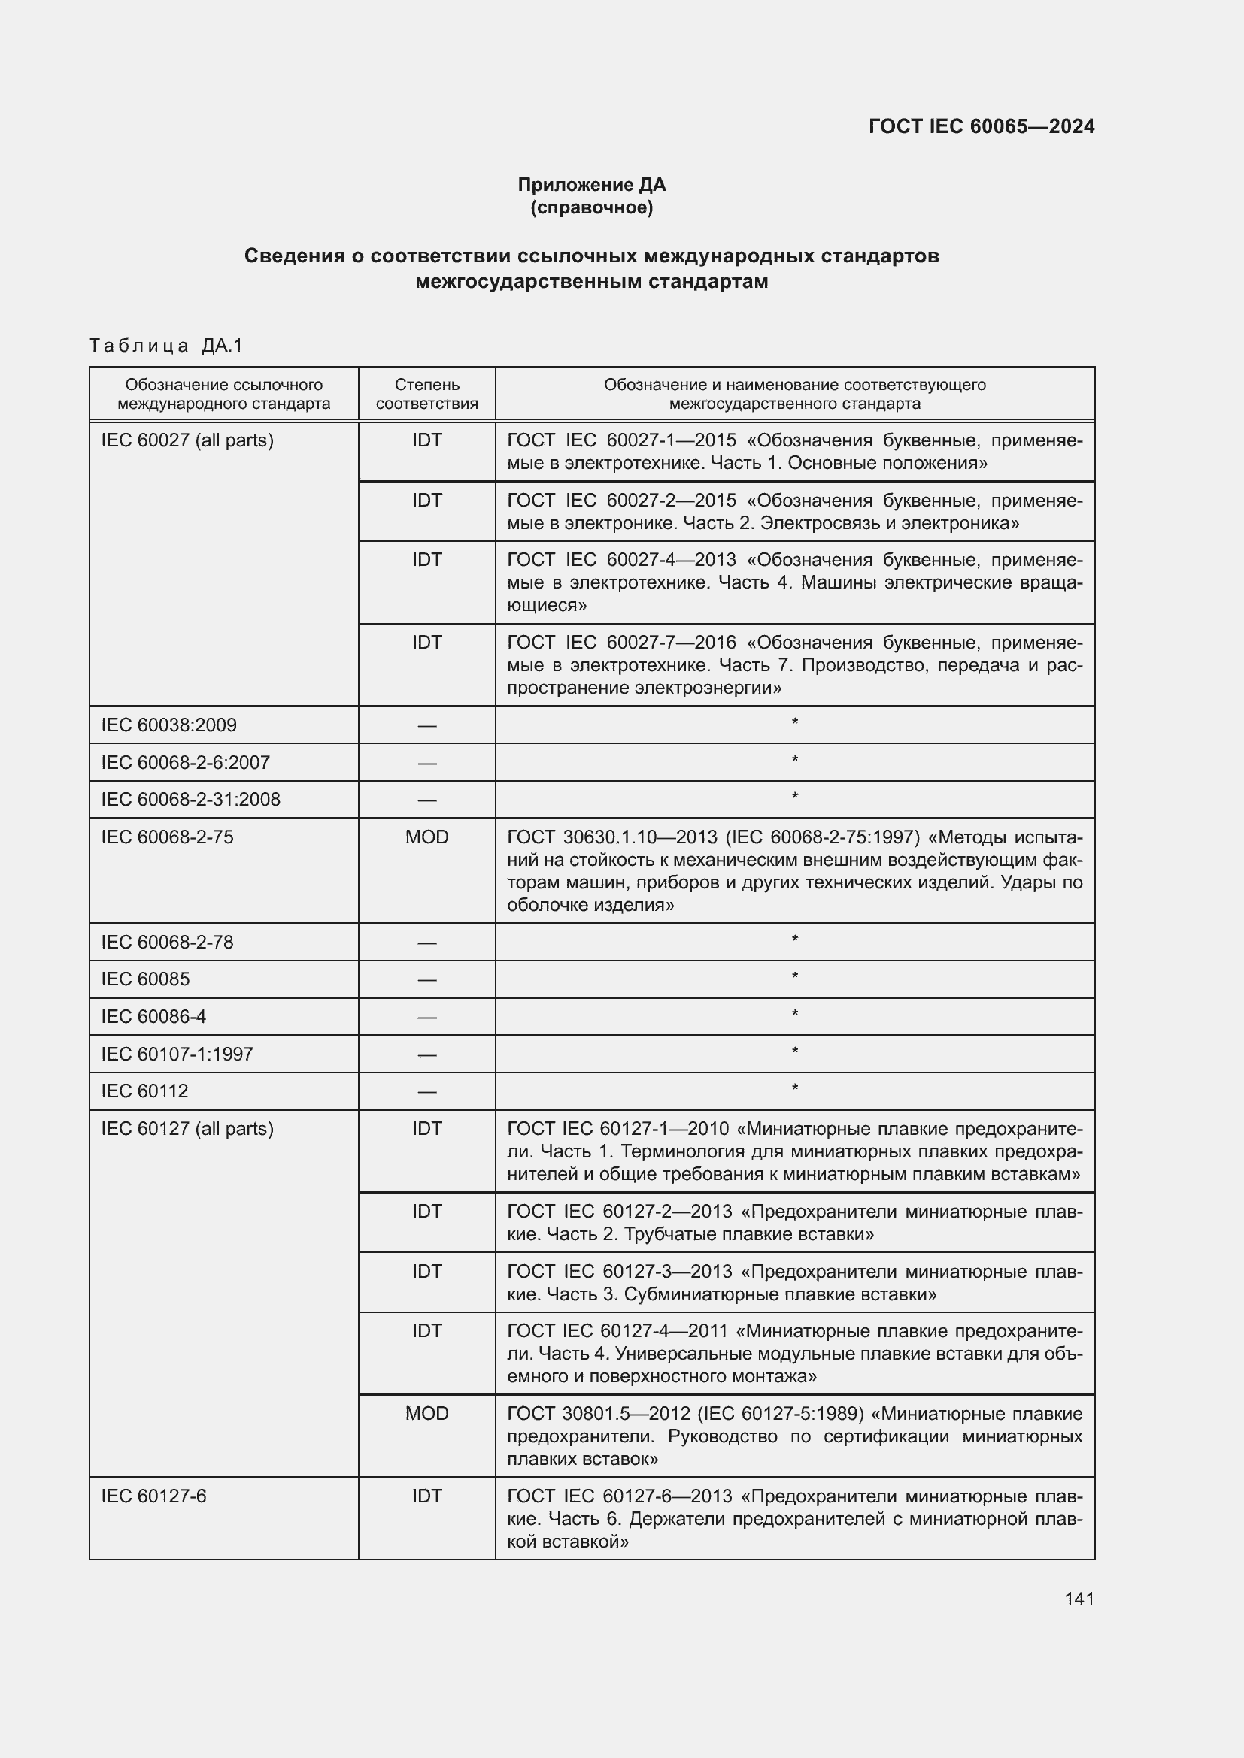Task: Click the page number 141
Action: coord(1079,1599)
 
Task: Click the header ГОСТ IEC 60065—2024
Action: coord(982,126)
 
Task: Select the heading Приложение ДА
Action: coord(591,185)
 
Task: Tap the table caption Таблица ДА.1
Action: coord(165,345)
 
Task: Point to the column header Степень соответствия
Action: coord(426,394)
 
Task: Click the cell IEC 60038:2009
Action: coord(168,725)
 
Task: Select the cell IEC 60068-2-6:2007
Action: coord(185,762)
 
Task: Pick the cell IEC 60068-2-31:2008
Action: coord(191,800)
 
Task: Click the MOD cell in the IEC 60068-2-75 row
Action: coord(426,837)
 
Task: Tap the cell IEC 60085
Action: coord(146,979)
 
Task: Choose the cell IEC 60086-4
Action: coord(153,1016)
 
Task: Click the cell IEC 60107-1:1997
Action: coord(177,1054)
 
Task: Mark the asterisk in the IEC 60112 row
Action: coord(794,1088)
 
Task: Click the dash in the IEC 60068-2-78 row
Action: coord(426,943)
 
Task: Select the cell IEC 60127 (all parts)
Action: coord(187,1129)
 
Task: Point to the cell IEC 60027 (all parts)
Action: coord(187,440)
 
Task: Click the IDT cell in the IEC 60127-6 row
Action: coord(426,1496)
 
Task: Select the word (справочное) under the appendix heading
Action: coord(591,207)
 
